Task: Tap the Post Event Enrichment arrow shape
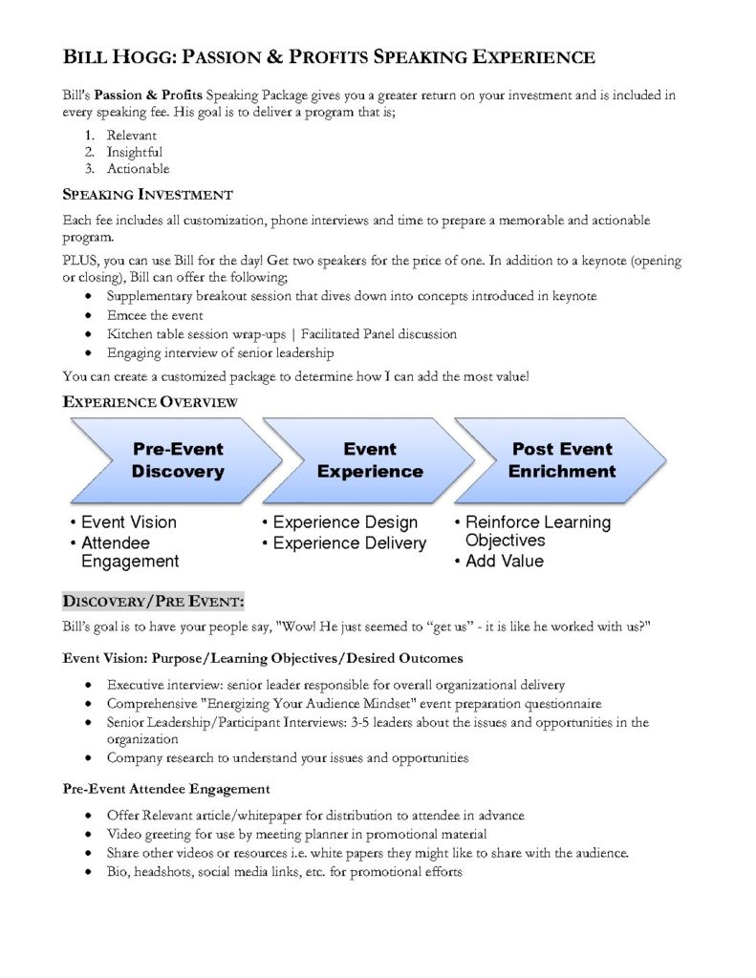[x=562, y=460]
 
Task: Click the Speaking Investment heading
[x=147, y=195]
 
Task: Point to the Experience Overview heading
[x=150, y=402]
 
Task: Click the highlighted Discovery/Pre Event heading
[x=154, y=602]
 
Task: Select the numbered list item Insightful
[x=134, y=152]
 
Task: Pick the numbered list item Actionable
[x=138, y=169]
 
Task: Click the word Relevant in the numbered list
[x=131, y=136]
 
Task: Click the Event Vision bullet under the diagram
[x=128, y=522]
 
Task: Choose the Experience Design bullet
[x=345, y=522]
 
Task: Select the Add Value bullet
[x=504, y=562]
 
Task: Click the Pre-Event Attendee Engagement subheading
[x=166, y=789]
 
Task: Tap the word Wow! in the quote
[x=296, y=627]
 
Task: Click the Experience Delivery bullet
[x=349, y=543]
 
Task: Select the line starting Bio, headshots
[x=284, y=872]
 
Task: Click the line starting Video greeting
[x=296, y=834]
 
